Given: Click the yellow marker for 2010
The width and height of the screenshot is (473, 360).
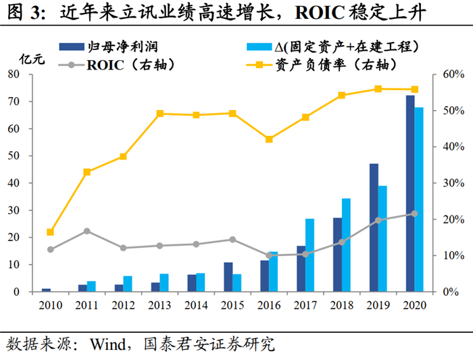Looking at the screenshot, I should point(50,232).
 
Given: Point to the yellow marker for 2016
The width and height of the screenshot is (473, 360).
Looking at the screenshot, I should point(269,139).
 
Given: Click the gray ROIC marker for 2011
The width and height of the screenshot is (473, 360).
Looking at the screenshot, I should point(86,231).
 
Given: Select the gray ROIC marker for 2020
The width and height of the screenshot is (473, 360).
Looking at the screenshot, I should point(415,213).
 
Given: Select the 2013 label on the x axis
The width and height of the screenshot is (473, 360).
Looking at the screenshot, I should point(159,305).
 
